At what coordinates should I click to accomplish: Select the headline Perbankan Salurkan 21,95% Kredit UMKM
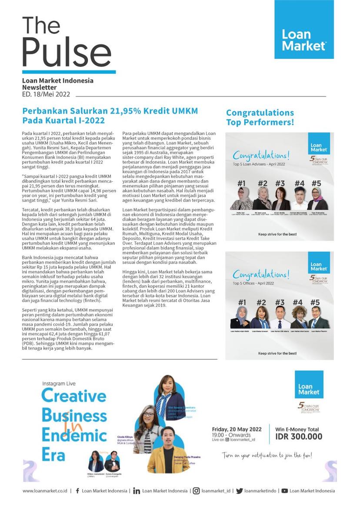[x=110, y=111]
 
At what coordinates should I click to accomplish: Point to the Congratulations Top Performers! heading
[x=260, y=118]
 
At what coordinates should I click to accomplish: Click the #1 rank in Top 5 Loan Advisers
[x=242, y=183]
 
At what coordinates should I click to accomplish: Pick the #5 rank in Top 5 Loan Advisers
[x=316, y=183]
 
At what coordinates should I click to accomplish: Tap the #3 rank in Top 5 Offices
[x=280, y=303]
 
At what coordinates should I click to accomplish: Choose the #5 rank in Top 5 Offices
[x=315, y=303]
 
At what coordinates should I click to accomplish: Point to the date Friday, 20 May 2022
[x=237, y=429]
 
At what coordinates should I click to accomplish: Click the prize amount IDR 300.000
[x=299, y=437]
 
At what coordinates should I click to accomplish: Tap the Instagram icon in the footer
[x=196, y=491]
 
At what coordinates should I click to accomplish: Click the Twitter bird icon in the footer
[x=239, y=491]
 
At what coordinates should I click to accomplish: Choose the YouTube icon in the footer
[x=284, y=491]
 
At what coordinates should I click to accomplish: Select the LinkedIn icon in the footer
[x=137, y=491]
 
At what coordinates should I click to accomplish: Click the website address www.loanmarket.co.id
[x=45, y=491]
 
